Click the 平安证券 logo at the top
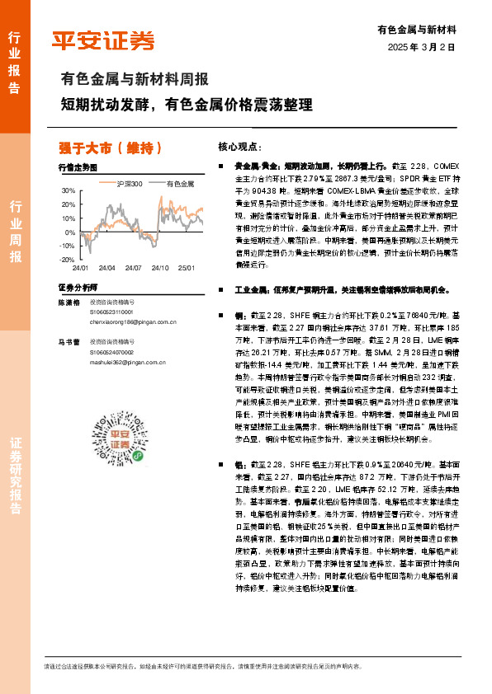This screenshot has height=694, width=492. (103, 40)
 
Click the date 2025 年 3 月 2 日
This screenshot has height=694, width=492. (422, 46)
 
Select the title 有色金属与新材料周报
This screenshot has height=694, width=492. (135, 80)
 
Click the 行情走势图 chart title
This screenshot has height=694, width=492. (78, 167)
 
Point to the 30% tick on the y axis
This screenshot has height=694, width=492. (68, 190)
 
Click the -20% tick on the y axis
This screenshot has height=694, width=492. (67, 260)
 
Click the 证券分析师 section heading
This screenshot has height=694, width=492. (78, 288)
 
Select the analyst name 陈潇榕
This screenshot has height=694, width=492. (68, 303)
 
